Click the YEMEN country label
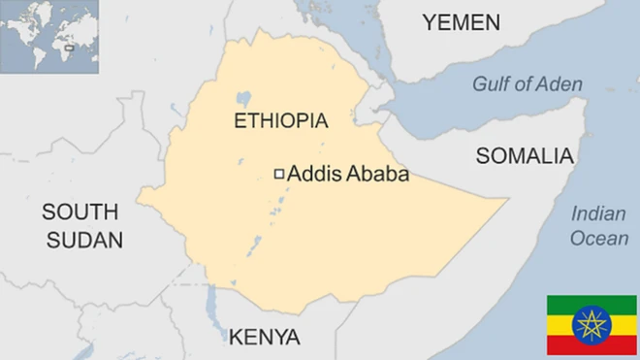click(x=461, y=23)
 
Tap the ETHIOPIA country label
click(x=281, y=121)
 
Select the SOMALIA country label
click(x=525, y=156)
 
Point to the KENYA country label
click(x=264, y=338)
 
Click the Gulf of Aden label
click(x=528, y=84)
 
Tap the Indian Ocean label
click(x=598, y=226)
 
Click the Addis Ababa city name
click(x=348, y=175)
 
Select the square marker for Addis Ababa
click(x=279, y=174)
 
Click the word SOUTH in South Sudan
click(x=80, y=213)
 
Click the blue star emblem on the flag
click(x=592, y=325)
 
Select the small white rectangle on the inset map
click(x=69, y=45)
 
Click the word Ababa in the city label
click(x=377, y=175)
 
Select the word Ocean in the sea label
click(x=598, y=239)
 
